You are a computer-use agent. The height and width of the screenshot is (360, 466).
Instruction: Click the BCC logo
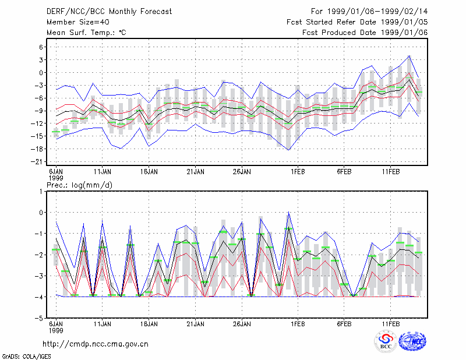tap(386, 341)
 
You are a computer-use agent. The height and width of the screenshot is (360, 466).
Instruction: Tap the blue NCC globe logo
tap(412, 341)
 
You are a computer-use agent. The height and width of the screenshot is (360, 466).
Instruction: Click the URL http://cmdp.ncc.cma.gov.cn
tap(96, 344)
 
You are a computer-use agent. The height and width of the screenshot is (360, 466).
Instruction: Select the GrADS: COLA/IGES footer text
tap(26, 357)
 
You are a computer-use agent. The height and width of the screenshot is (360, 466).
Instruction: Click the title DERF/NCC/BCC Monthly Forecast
tap(109, 12)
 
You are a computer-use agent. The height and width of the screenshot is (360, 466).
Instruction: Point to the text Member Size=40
tap(78, 22)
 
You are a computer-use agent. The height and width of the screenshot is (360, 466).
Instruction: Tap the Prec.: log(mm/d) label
tap(79, 185)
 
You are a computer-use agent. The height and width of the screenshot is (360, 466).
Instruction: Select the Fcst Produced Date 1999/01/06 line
tap(365, 33)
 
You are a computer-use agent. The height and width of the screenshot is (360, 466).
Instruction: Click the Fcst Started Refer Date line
tap(357, 22)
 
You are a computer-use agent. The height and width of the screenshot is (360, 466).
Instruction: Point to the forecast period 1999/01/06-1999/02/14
tap(377, 12)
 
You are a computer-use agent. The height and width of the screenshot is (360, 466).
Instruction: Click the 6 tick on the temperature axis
tap(41, 47)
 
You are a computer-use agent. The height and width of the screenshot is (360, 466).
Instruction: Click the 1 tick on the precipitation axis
tap(41, 192)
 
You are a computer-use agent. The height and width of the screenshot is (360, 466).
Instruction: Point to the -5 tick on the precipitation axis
tap(39, 318)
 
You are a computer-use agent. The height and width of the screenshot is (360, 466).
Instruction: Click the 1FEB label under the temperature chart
tap(298, 172)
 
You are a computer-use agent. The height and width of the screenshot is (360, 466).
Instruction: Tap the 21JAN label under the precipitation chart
tap(196, 324)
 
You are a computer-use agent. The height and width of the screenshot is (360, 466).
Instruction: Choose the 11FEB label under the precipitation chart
tap(390, 324)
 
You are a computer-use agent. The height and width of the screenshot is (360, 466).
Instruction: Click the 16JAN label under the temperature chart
tap(149, 172)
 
